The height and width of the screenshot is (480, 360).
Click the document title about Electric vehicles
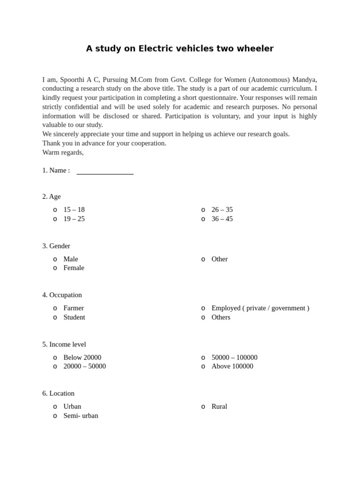[180, 49]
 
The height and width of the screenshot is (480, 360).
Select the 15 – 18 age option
[74, 210]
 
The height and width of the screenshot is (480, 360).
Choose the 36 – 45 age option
[222, 219]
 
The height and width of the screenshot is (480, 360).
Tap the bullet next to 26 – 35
[203, 210]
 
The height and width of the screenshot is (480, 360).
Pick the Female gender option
[74, 268]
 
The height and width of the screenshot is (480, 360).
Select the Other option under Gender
[219, 259]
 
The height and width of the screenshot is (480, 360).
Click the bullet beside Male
[55, 259]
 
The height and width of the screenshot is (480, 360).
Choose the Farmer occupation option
[74, 308]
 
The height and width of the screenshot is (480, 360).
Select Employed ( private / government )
[260, 308]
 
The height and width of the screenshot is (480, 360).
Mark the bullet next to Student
[55, 317]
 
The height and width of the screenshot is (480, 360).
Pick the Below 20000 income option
[82, 357]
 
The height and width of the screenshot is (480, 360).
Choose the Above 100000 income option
[232, 366]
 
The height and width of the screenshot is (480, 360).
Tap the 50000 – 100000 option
[234, 357]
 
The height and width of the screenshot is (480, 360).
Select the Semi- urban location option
[81, 415]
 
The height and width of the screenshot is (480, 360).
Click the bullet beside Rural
[203, 407]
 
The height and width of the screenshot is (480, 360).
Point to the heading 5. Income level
[65, 344]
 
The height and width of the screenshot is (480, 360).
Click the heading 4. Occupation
[62, 295]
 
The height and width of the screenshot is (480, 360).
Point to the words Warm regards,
[63, 152]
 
